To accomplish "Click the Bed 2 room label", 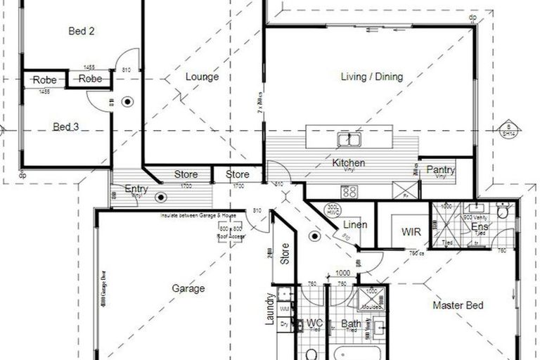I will (x=82, y=31).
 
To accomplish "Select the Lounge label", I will (x=202, y=77).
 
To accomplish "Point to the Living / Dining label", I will (x=371, y=77).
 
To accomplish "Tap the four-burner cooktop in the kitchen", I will (x=349, y=191).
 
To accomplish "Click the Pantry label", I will (x=441, y=170).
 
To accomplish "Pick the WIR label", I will (x=411, y=231).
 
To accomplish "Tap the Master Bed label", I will (x=458, y=305).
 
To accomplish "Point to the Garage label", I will (x=188, y=288).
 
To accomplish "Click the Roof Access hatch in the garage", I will (x=230, y=231).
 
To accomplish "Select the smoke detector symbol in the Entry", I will (x=160, y=199).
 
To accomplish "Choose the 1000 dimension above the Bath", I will (x=342, y=273).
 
